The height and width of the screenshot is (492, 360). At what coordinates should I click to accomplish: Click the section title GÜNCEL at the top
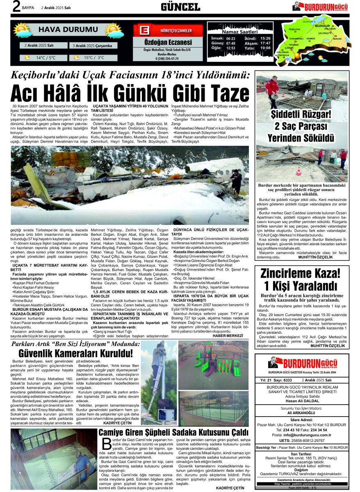pyautogui.click(x=180, y=7)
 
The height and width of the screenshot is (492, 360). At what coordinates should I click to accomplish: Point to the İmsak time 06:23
pyautogui.click(x=230, y=38)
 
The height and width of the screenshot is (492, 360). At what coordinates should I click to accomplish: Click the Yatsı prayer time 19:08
pyautogui.click(x=265, y=48)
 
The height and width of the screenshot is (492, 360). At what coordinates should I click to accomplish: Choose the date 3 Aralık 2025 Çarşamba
pyautogui.click(x=92, y=46)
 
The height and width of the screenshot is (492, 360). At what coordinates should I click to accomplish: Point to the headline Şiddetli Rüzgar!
pyautogui.click(x=302, y=114)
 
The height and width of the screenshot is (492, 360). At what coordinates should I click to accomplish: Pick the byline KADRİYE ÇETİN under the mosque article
pyautogui.click(x=230, y=488)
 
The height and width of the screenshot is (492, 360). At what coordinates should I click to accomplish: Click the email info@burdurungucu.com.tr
pyautogui.click(x=307, y=435)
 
